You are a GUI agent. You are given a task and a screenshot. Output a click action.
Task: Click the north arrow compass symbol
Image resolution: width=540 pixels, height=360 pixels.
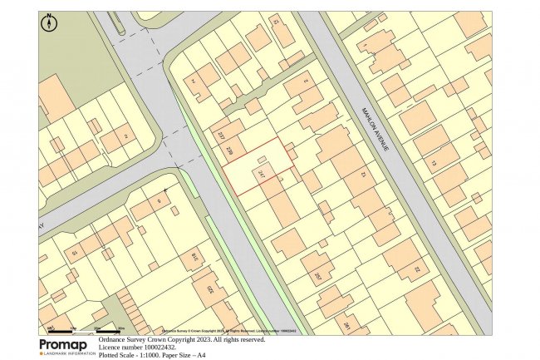(x=49, y=22)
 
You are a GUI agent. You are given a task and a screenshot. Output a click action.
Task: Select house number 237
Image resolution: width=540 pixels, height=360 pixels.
(x=222, y=135)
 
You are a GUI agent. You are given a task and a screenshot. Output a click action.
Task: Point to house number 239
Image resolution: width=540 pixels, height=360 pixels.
(x=230, y=149)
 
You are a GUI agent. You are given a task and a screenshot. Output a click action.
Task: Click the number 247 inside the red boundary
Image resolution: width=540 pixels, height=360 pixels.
(x=262, y=175)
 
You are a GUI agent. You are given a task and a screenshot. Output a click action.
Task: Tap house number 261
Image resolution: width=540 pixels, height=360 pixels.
(x=346, y=327)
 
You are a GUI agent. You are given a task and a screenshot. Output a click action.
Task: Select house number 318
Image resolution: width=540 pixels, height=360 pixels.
(x=196, y=258)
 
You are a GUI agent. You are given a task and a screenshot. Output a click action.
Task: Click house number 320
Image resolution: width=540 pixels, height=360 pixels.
(x=210, y=292)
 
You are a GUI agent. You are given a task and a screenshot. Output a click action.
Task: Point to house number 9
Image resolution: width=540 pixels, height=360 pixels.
(x=158, y=201)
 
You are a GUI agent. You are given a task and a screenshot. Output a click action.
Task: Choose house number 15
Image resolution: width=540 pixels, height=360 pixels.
(x=73, y=252)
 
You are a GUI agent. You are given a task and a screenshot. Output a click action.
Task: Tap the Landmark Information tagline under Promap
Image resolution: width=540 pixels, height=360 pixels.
(x=68, y=354)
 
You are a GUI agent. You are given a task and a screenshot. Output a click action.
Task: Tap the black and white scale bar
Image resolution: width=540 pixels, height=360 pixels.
(x=83, y=330)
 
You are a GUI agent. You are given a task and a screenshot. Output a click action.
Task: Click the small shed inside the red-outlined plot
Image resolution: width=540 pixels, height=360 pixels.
(x=263, y=159)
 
